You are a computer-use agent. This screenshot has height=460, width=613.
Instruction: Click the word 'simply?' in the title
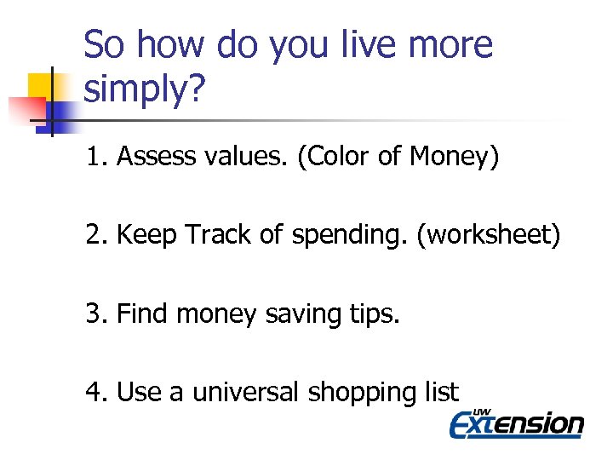145,89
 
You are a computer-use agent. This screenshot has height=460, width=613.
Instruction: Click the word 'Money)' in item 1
454,157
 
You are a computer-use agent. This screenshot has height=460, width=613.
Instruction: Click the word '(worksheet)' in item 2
489,236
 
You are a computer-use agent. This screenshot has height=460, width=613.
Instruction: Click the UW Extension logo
517,423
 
